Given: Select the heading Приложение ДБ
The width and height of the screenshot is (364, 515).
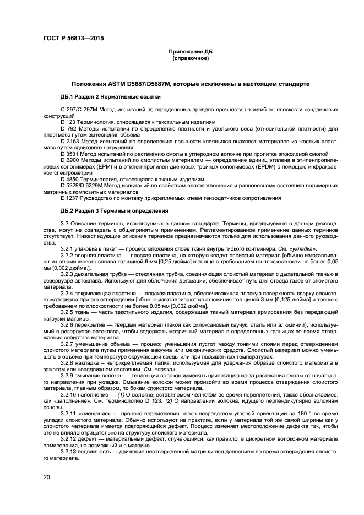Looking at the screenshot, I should (x=190, y=51).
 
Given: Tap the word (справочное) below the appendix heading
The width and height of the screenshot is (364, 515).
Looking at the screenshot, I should (x=190, y=58).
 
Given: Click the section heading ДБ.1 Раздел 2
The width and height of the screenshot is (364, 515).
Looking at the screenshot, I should (x=77, y=96).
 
